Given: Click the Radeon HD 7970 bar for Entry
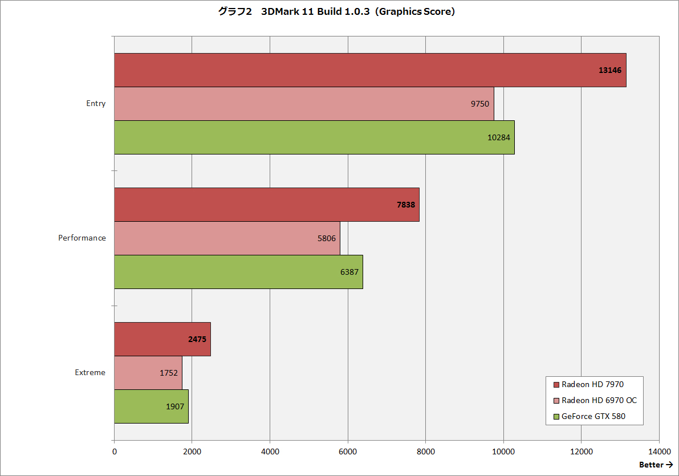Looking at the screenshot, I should pos(370,70).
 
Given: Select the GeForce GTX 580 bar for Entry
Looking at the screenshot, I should pos(314,137).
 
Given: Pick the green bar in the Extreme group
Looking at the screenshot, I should pos(151,406).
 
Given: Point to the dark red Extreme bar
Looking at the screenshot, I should pos(162,339).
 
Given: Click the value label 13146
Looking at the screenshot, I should pos(610,70).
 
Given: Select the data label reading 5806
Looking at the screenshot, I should pos(327,238).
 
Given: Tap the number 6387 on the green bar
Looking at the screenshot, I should pos(349,272).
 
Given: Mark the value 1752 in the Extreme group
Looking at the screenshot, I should pos(169,373).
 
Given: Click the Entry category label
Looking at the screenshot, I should pos(96,104).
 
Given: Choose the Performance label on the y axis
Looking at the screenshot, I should pos(82,238).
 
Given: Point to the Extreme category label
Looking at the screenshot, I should pos(90,373).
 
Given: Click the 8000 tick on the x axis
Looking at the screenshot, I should pos(426,451).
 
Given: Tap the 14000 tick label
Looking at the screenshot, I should pos(659,451).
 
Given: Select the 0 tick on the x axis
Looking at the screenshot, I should pos(115,451).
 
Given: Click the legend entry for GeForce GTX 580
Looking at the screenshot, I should pos(593,416).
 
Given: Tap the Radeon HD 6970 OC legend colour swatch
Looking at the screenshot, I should pos(556,400).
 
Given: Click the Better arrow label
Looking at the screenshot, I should pos(656,465).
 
